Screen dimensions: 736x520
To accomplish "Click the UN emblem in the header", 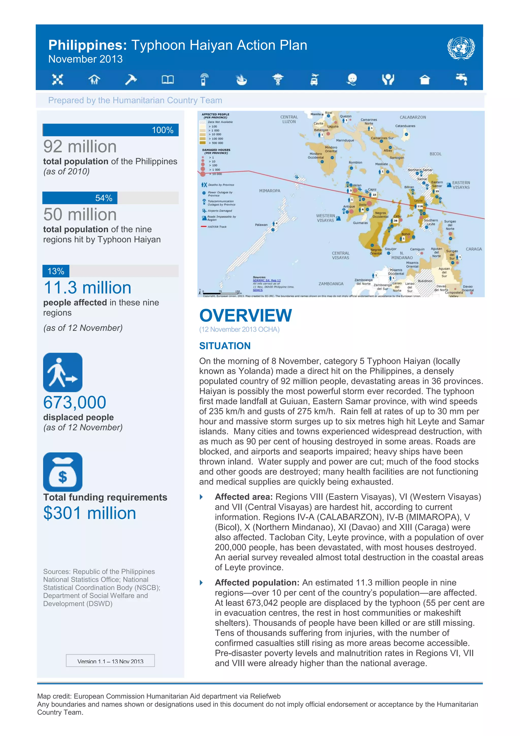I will [x=461, y=48].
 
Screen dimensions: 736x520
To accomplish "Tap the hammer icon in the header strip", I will [x=131, y=79].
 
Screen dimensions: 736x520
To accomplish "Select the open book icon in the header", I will [x=168, y=79].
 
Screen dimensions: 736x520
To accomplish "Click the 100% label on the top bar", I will [x=162, y=130].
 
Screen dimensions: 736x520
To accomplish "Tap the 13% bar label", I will [x=56, y=271].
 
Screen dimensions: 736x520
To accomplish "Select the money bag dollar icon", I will [x=63, y=472].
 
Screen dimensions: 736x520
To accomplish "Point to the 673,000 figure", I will [x=75, y=402].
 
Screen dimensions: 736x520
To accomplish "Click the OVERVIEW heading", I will [x=245, y=315].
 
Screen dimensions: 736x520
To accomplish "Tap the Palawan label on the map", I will [x=261, y=225].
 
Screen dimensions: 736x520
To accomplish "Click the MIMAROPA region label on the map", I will [x=269, y=191].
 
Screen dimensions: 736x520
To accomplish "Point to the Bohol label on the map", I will [x=405, y=234].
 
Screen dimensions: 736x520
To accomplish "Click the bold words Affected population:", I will [x=257, y=582].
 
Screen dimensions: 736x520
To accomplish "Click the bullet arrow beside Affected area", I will [x=201, y=497].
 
